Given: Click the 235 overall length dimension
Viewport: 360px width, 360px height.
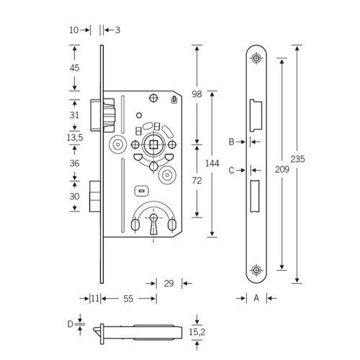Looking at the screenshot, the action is coord(297,159).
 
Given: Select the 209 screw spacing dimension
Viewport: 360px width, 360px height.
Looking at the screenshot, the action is coord(282,169).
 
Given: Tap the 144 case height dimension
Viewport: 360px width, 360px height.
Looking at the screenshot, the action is coord(212,163).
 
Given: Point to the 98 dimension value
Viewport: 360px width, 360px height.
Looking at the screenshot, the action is coord(197,94).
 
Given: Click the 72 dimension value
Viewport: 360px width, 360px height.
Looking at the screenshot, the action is coord(197,181).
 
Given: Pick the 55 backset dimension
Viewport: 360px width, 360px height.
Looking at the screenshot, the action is coord(128,299).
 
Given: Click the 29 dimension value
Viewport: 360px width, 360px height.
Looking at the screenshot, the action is coord(168,284).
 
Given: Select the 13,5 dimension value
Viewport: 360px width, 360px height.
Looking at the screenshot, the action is coord(75,138).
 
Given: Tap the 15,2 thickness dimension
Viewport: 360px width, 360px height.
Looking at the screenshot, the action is coord(197,332).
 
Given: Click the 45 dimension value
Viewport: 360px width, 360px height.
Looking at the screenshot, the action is coord(74,68).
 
